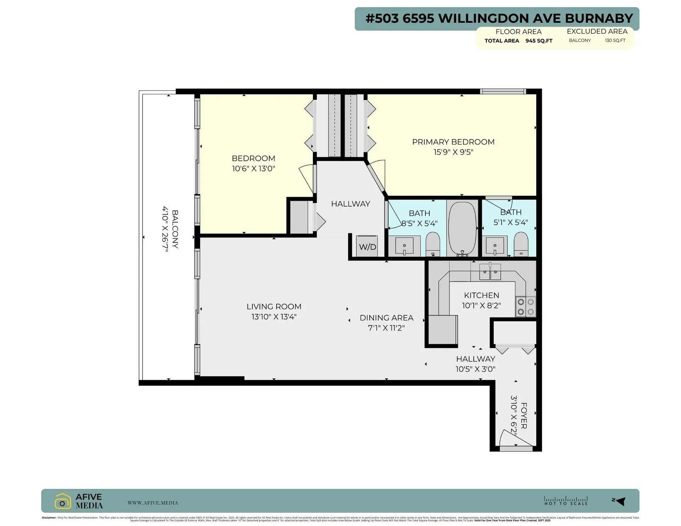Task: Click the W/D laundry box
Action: pos(367,247)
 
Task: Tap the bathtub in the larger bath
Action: pos(462,229)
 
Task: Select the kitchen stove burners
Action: pos(526,307)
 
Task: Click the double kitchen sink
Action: pos(490,272)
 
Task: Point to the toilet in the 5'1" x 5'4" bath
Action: pos(521,244)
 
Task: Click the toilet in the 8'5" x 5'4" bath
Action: pos(433,244)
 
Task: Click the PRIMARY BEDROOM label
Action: pos(453,142)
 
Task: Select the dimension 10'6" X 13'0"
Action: pos(253,168)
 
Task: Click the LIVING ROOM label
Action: pos(274,306)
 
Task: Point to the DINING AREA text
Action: pos(386,318)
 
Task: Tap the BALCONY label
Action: pos(175,229)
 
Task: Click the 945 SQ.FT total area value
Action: pos(539,41)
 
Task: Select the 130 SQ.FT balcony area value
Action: pos(615,40)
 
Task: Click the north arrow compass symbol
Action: pos(620,501)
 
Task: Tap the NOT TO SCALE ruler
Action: pos(566,501)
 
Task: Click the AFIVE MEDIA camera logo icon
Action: pos(63,501)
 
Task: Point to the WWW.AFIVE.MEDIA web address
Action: pos(153,503)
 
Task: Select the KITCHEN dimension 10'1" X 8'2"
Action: pos(481,305)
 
